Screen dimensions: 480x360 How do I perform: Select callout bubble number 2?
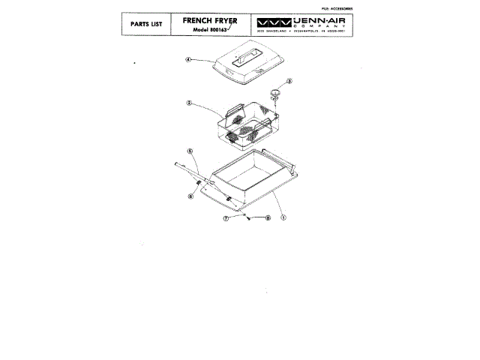190,104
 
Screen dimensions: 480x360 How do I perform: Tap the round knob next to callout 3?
275,93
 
